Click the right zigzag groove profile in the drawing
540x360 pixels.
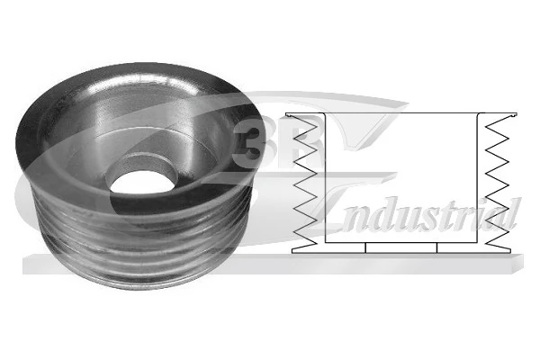click(x=497, y=180)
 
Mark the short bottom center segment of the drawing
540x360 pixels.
click(x=401, y=245)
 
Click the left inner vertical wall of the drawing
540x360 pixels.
click(x=325, y=180)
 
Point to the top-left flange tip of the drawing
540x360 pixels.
click(x=289, y=117)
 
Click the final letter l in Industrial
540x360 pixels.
click(x=514, y=212)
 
